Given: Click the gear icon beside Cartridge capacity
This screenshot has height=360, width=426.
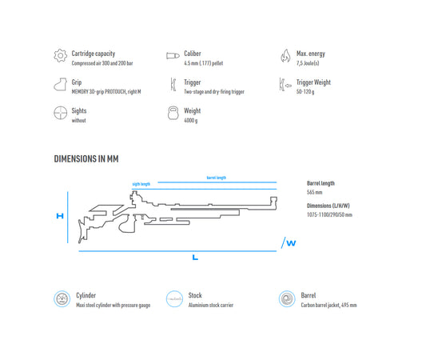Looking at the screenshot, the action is (60, 55).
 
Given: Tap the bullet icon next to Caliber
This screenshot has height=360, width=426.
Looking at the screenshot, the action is (173, 56).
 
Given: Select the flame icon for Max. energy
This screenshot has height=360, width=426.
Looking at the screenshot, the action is (285, 55).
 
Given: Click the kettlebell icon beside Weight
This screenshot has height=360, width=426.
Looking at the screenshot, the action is (173, 113).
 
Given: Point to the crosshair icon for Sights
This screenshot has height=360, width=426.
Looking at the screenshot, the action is (60, 113).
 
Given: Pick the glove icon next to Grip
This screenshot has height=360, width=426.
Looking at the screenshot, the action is (60, 84).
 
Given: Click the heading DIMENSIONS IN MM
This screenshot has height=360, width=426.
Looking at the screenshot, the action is (86, 158).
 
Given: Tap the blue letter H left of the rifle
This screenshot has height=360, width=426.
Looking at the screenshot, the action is (60, 216).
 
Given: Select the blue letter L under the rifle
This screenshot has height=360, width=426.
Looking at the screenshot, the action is (195, 258).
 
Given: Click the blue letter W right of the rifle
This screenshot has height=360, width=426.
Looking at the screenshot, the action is (291, 243).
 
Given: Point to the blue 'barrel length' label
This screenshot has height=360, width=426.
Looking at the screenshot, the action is (217, 178).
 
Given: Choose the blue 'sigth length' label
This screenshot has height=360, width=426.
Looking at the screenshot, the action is (141, 184).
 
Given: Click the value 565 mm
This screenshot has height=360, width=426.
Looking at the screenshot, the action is (315, 192).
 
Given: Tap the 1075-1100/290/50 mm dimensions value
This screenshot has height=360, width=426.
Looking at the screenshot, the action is (329, 215).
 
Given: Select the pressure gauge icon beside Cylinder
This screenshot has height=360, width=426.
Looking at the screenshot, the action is (62, 299).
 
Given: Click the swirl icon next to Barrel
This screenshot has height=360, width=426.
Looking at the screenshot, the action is (287, 299).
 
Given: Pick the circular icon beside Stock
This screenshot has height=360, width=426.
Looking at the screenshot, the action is (174, 299).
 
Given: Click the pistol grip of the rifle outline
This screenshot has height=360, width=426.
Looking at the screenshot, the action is (126, 224).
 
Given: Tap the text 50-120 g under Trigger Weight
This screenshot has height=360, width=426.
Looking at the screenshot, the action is (305, 92).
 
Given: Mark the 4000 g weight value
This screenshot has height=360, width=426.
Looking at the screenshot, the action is (191, 121).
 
